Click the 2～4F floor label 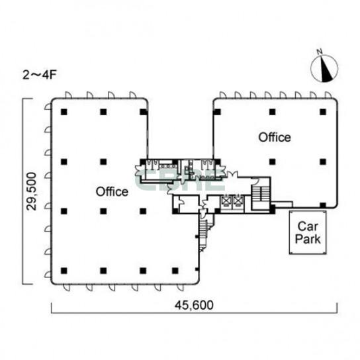(40, 75)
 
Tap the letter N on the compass (320, 52)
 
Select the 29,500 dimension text (32, 191)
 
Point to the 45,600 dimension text (194, 305)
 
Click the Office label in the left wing (112, 191)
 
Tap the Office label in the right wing (275, 137)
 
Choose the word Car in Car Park (308, 226)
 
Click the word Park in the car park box (308, 239)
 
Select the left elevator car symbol (226, 201)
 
